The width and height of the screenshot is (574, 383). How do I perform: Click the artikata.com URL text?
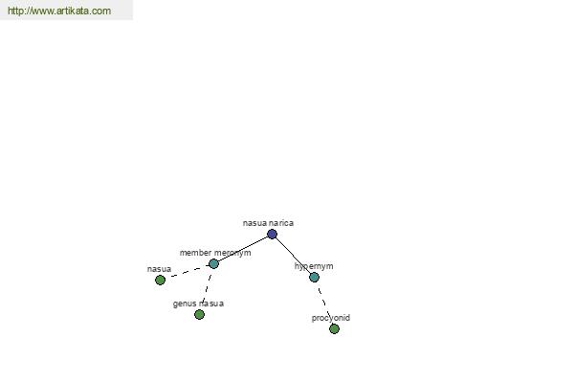point(59,11)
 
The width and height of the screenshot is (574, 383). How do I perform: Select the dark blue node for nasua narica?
point(272,234)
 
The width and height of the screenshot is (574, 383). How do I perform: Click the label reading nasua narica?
point(268,223)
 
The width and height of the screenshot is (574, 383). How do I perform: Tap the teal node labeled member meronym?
point(213,263)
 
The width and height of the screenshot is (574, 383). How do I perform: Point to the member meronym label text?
point(215,253)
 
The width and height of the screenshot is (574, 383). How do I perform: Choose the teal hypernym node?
point(314,277)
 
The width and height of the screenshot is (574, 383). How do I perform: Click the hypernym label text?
point(314,266)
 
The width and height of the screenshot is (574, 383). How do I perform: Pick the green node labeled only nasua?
point(160,280)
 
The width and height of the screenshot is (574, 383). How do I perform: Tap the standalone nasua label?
point(159,269)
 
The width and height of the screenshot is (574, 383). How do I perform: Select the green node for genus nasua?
point(199,314)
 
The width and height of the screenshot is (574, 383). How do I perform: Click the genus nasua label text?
point(198,304)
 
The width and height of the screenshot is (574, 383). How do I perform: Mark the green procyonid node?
point(334,328)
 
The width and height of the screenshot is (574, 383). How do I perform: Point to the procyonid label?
point(331,318)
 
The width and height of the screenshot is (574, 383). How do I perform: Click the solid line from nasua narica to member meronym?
point(243,249)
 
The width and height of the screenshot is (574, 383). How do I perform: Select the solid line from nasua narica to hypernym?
point(293,256)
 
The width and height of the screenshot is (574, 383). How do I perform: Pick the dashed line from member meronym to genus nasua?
point(207,289)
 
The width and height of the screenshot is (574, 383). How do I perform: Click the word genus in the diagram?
point(183,304)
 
